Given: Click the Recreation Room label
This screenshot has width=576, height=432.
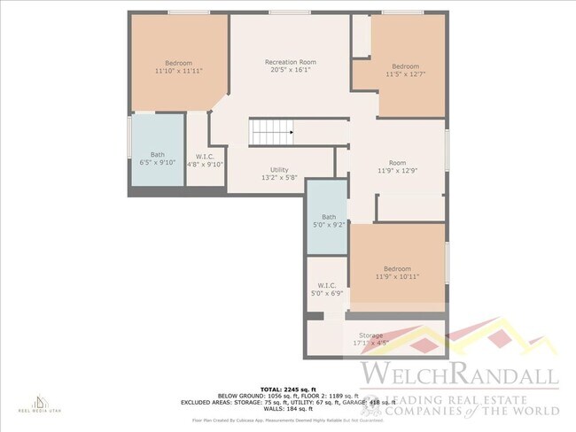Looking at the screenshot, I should [x=291, y=62].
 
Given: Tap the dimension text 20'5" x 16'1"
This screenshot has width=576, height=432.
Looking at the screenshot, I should [x=291, y=70].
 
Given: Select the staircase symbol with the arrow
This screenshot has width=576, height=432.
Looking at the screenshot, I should [x=272, y=133].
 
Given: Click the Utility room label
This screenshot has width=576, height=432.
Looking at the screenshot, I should [x=279, y=169].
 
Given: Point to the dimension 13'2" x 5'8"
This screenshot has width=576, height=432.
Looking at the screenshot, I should [x=279, y=177].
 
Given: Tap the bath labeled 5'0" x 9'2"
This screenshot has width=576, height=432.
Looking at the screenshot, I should [x=329, y=220].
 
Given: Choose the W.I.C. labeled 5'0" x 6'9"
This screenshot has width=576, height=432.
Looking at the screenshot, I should [x=324, y=289].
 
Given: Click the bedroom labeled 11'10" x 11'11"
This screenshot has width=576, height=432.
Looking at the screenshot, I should [x=179, y=66].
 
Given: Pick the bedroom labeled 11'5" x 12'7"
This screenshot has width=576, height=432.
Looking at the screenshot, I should [x=405, y=71].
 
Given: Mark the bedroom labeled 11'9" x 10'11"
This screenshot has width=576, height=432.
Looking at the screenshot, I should [x=397, y=273].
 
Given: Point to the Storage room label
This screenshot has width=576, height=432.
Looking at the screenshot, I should [x=371, y=336].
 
